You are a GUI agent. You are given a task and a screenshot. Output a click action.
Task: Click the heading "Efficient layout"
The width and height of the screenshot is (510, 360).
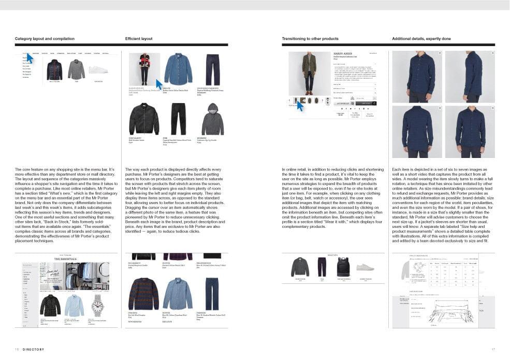139,39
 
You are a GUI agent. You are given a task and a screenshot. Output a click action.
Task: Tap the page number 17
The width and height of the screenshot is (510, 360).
493,349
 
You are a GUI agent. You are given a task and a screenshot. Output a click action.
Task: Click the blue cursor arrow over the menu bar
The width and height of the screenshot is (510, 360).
29,58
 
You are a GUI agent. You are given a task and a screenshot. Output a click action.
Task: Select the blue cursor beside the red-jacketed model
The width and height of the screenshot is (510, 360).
159,84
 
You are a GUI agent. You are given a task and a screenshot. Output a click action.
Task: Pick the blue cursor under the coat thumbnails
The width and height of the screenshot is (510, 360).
299,106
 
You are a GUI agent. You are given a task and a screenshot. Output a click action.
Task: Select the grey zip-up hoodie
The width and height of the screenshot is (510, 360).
209,119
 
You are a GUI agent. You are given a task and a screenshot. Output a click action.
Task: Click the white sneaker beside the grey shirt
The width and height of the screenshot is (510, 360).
98,69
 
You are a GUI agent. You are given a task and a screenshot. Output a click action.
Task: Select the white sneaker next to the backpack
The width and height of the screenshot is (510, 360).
365,267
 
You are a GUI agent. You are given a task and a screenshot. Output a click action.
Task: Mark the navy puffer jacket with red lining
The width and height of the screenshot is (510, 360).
54,69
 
